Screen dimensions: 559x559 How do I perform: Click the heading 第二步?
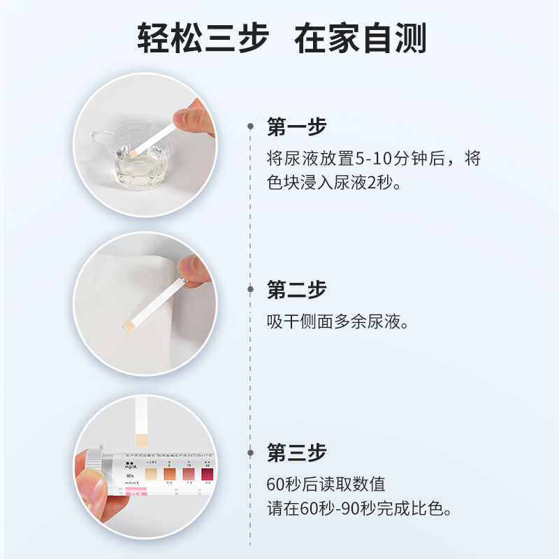point(297,289)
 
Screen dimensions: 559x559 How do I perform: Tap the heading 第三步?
point(297,452)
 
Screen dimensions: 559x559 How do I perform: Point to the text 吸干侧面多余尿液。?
point(337,322)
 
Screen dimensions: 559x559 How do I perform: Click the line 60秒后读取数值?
point(326,484)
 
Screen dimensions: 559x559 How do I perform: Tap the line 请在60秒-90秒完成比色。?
point(359,508)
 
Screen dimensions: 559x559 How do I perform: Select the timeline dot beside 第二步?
point(251,289)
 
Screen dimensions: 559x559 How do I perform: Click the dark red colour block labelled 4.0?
point(208,473)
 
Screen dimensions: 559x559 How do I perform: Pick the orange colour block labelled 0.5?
point(168,474)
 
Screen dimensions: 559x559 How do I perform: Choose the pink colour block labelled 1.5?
point(188,474)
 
